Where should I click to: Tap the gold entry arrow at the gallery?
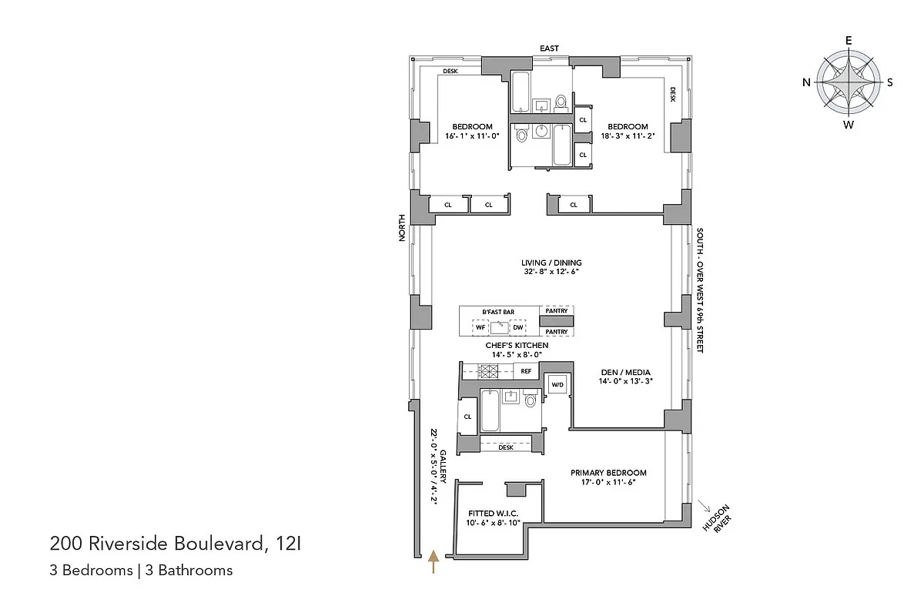tap(434, 561)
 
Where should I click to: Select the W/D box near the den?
tap(555, 384)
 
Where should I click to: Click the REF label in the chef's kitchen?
tap(527, 371)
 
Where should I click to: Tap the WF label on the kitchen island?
tap(480, 327)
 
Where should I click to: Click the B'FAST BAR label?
tap(498, 312)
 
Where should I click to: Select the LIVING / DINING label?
tap(551, 263)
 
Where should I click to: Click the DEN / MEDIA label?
tap(626, 371)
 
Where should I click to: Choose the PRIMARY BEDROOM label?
tap(608, 473)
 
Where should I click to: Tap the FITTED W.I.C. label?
tap(493, 514)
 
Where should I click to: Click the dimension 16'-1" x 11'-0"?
tap(472, 136)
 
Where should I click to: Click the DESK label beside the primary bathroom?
tap(506, 447)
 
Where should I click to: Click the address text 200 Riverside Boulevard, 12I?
tap(176, 544)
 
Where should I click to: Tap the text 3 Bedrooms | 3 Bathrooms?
tap(141, 571)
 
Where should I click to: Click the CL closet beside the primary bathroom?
tap(467, 417)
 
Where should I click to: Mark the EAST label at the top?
tap(549, 49)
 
